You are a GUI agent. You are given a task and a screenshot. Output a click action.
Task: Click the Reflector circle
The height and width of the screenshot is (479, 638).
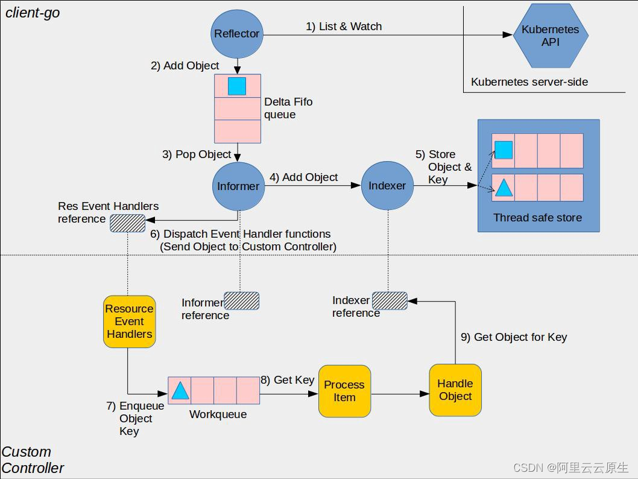pyautogui.click(x=236, y=34)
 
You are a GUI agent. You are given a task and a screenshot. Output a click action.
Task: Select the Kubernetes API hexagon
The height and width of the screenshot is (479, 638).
pyautogui.click(x=550, y=36)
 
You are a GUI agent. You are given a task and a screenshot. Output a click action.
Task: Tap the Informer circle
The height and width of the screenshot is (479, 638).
pyautogui.click(x=238, y=186)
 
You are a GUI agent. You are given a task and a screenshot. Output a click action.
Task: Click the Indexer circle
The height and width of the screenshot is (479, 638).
pyautogui.click(x=387, y=186)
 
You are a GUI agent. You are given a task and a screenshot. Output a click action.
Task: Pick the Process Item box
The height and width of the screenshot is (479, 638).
pyautogui.click(x=344, y=391)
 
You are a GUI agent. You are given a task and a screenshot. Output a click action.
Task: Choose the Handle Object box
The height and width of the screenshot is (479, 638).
pyautogui.click(x=455, y=390)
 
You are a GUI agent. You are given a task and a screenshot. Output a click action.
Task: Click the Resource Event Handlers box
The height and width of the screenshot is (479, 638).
pyautogui.click(x=129, y=322)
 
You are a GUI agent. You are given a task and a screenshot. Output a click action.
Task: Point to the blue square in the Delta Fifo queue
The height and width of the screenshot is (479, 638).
pyautogui.click(x=237, y=86)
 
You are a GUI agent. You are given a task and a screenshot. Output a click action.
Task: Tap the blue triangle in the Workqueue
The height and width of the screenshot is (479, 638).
pyautogui.click(x=180, y=391)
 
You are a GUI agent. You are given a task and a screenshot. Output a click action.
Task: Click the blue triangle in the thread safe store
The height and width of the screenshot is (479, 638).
pyautogui.click(x=504, y=188)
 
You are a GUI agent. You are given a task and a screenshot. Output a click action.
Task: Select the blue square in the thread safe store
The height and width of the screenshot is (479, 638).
pyautogui.click(x=504, y=150)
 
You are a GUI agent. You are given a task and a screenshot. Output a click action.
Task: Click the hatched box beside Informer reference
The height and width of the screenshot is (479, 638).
pyautogui.click(x=241, y=301)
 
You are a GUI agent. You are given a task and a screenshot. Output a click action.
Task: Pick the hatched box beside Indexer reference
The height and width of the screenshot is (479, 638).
pyautogui.click(x=390, y=300)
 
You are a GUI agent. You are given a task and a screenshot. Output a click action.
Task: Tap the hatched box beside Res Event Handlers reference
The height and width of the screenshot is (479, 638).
pyautogui.click(x=127, y=223)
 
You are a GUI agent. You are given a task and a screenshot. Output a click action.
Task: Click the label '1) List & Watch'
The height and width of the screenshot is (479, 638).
pyautogui.click(x=344, y=27)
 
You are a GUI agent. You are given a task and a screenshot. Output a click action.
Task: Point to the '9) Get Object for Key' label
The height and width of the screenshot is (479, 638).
pyautogui.click(x=514, y=337)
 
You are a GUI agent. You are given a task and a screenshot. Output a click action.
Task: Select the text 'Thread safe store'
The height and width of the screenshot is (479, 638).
pyautogui.click(x=537, y=218)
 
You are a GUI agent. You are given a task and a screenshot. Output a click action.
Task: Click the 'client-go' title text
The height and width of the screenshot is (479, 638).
pyautogui.click(x=33, y=13)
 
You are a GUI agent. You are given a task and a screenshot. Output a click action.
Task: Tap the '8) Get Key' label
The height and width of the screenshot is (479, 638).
pyautogui.click(x=288, y=380)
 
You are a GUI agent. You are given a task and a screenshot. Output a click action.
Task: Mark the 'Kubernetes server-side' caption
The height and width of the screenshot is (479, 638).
pyautogui.click(x=529, y=82)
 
